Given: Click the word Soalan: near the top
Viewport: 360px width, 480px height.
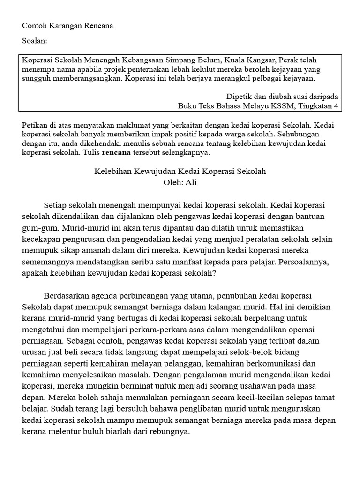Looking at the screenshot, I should (35, 41).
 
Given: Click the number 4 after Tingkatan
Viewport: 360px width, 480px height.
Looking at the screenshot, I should (336, 106).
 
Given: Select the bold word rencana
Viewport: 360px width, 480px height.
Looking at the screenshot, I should (116, 153).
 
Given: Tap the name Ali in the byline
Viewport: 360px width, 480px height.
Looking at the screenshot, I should (191, 183).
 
